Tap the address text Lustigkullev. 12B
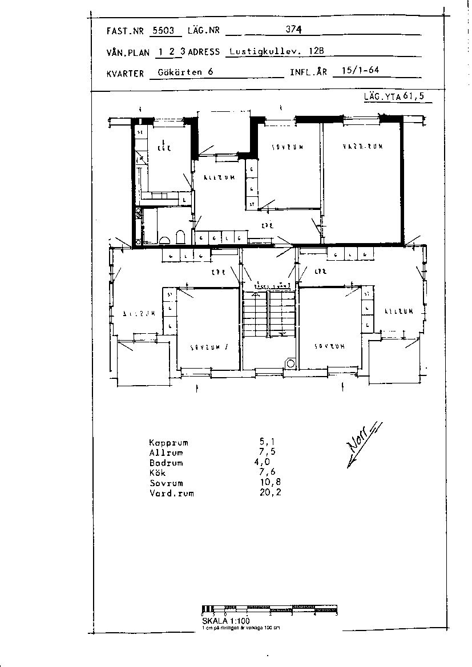276,51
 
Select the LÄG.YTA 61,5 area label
394,96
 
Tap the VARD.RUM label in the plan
362,147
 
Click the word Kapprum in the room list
168,443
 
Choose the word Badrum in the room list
166,463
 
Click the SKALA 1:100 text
225,621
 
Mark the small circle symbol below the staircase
290,363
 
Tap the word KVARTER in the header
125,74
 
